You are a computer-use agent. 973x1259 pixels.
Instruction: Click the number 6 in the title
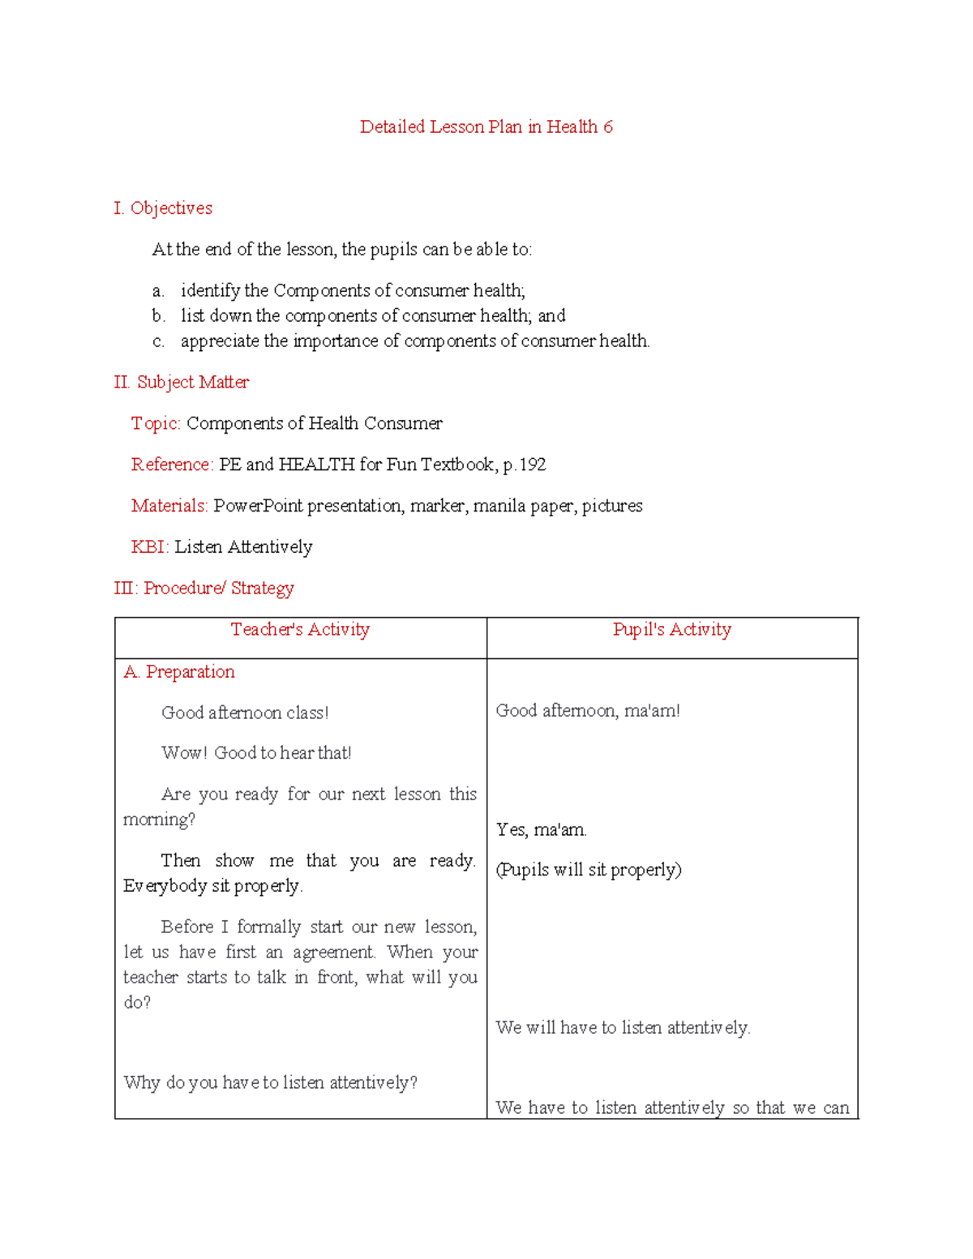tap(608, 127)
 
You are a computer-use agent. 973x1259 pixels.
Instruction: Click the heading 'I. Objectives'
tap(163, 208)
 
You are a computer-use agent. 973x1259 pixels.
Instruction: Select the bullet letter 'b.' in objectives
tap(158, 316)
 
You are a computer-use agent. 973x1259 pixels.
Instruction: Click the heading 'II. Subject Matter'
tap(182, 383)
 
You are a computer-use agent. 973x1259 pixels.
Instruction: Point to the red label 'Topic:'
tap(156, 423)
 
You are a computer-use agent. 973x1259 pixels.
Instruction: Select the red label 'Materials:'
tap(169, 506)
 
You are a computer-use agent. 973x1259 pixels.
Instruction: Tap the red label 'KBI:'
tap(150, 547)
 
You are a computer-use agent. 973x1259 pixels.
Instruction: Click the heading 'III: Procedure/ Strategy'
tap(204, 589)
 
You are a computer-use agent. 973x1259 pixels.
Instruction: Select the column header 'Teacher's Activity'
tap(300, 630)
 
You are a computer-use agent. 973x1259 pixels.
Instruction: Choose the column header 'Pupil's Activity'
tap(671, 630)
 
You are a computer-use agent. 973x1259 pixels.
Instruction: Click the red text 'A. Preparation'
tap(179, 672)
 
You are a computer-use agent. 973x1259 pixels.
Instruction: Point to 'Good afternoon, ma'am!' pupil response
tap(588, 711)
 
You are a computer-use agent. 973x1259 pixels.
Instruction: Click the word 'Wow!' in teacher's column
tap(184, 753)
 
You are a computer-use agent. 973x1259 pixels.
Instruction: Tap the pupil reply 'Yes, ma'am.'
tap(542, 830)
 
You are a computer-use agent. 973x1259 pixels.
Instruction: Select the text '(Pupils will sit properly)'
tap(589, 870)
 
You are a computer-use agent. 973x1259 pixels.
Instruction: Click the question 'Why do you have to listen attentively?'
tap(270, 1083)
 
